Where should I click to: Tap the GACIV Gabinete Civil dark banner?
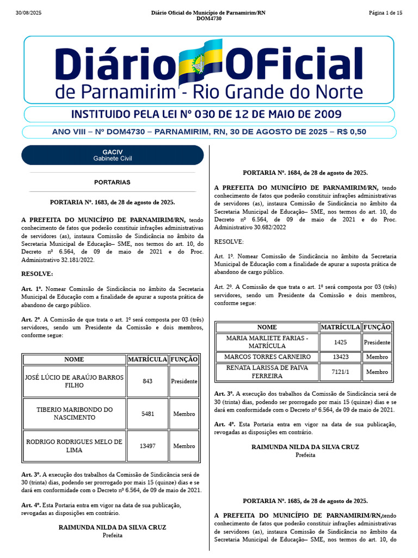[x=113, y=155]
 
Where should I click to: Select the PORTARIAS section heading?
[x=112, y=182]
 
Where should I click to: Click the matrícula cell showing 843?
[x=147, y=381]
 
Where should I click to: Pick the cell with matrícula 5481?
[x=147, y=414]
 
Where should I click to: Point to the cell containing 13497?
[x=147, y=446]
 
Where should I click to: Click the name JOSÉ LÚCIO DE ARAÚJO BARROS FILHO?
[x=74, y=381]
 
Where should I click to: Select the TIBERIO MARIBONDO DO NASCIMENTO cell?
[x=74, y=414]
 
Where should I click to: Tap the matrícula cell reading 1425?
[x=341, y=342]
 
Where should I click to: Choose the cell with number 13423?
[x=341, y=357]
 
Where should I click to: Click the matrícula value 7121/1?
[x=341, y=372]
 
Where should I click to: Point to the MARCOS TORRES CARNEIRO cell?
[x=267, y=357]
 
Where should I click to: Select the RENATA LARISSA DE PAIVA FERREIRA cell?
[x=267, y=372]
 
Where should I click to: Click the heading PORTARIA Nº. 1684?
[x=305, y=173]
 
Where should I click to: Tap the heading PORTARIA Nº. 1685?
[x=305, y=501]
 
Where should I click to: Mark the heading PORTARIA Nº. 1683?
[x=112, y=202]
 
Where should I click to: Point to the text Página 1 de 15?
[x=385, y=13]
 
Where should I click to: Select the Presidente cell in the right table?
[x=377, y=342]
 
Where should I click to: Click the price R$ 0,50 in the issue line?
[x=352, y=132]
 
